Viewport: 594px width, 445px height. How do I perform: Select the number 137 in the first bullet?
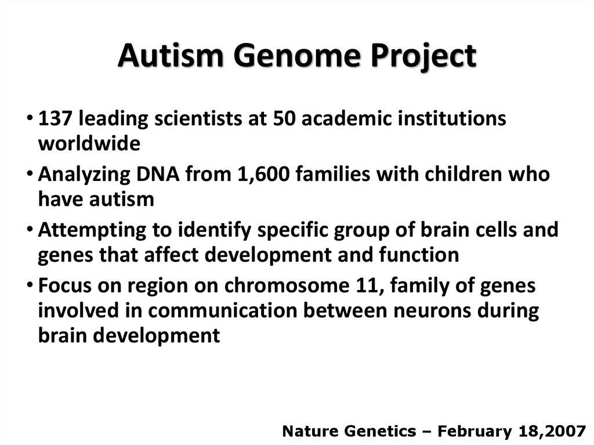(55, 118)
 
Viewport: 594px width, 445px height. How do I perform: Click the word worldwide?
(89, 144)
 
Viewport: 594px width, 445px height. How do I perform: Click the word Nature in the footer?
(307, 430)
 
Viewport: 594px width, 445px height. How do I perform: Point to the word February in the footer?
(470, 430)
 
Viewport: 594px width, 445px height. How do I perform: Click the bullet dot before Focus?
(30, 286)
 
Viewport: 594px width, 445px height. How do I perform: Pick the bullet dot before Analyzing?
(30, 175)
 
